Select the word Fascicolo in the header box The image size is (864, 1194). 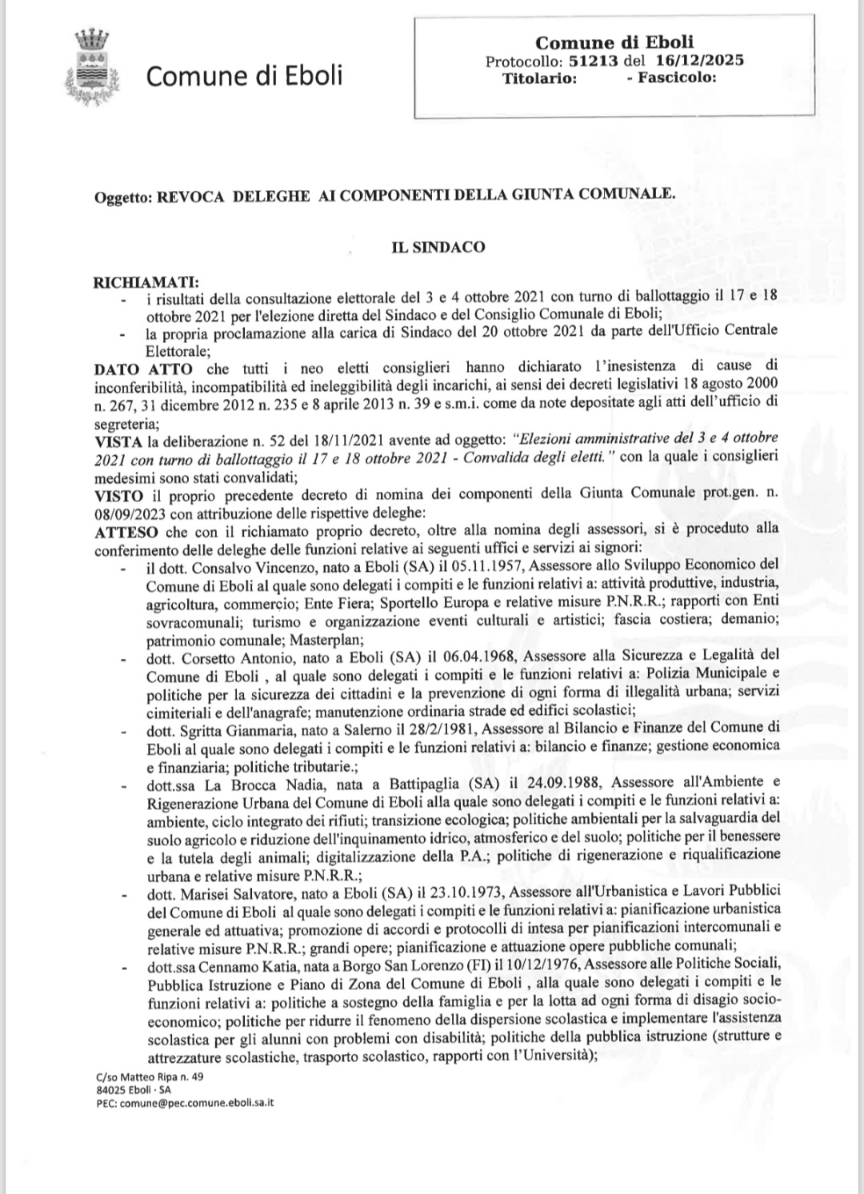pyautogui.click(x=676, y=78)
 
